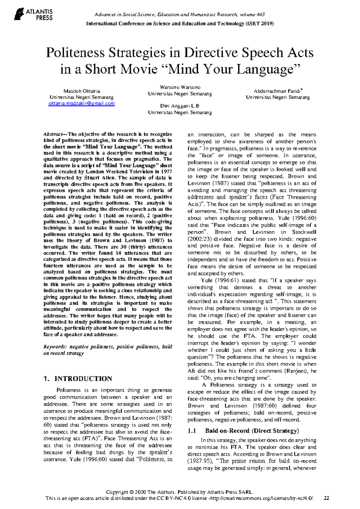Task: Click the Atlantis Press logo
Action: (33, 14)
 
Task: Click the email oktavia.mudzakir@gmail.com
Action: (82, 104)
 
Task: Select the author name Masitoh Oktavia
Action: (82, 91)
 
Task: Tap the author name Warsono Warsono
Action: (180, 87)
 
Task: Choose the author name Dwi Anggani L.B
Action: (180, 106)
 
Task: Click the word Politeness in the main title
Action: (75, 53)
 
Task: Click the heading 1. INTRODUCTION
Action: (78, 378)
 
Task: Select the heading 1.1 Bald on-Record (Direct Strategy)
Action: (243, 431)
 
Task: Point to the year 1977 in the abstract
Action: (166, 172)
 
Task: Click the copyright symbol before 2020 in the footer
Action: (131, 492)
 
